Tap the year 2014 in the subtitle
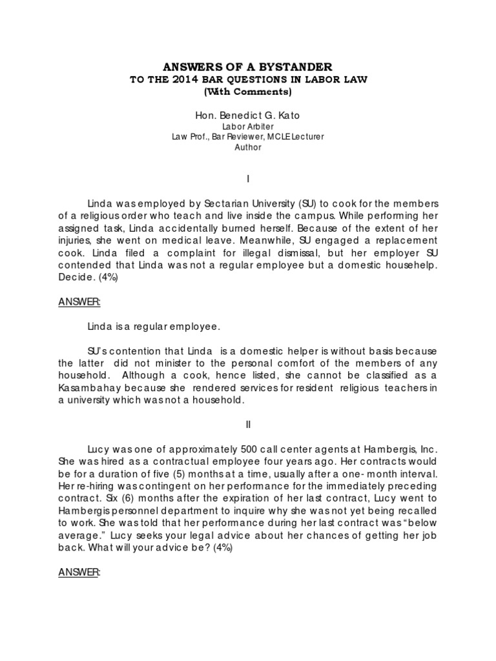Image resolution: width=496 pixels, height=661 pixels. pos(187,79)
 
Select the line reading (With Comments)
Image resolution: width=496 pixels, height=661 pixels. pos(248,92)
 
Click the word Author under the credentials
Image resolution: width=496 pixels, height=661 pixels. pos(248,147)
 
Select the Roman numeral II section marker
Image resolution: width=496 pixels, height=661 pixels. pos(248,425)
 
